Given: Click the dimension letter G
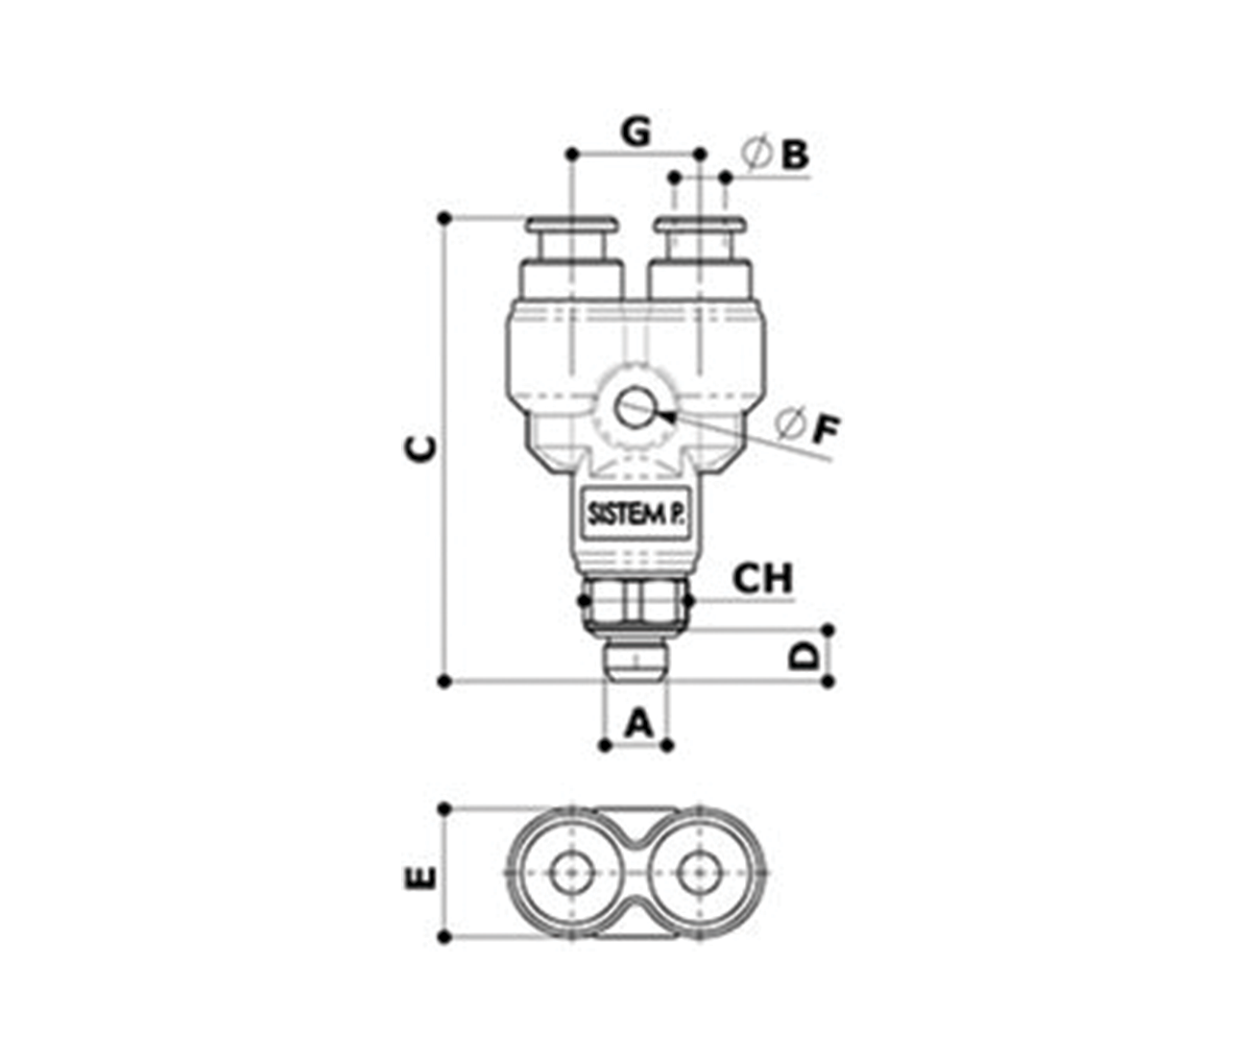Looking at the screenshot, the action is tap(636, 132).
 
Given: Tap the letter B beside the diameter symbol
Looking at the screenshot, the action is tap(795, 154).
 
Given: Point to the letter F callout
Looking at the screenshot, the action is tap(826, 430).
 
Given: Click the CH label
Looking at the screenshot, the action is tap(762, 578).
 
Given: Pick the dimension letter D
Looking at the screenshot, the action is tap(803, 657).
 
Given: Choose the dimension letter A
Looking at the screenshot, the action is tap(639, 723).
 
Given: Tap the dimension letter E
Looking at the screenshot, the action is tap(420, 878).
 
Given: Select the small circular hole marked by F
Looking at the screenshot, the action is tap(632, 409).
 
